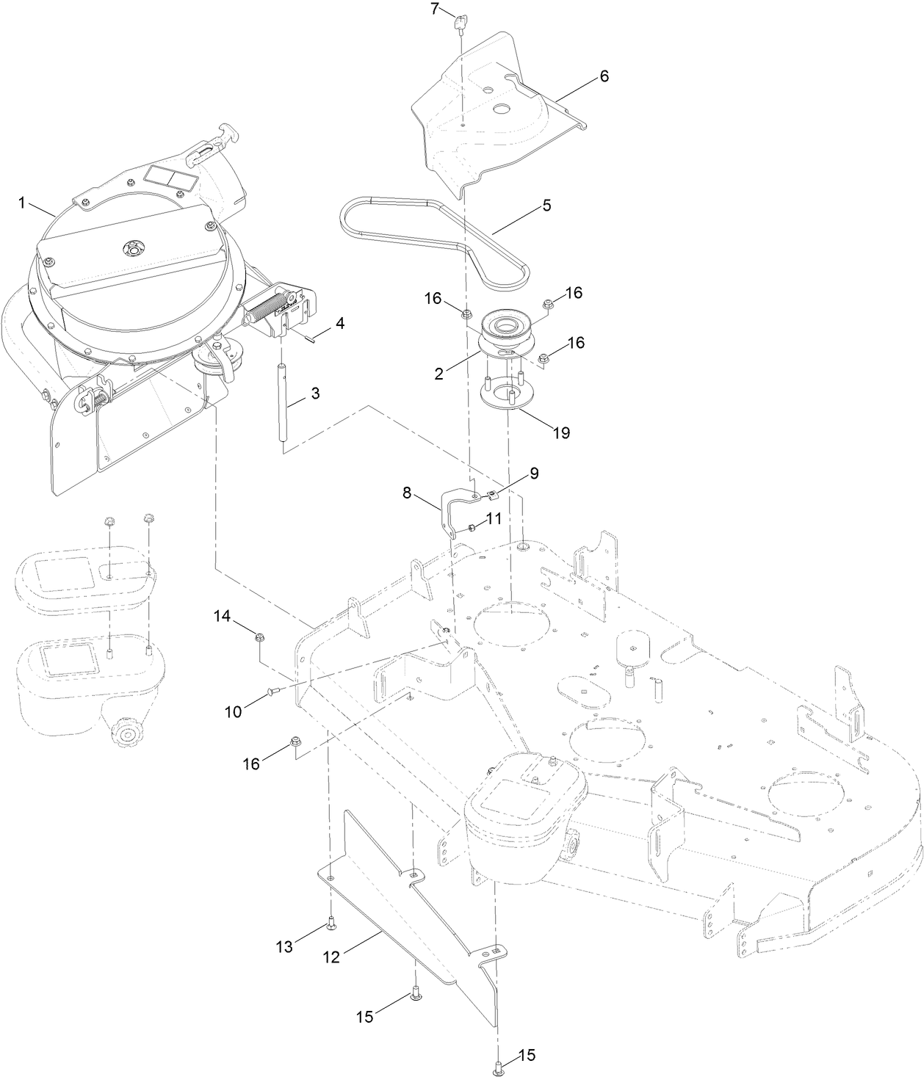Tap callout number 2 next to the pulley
point(438,374)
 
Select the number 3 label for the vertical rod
point(315,393)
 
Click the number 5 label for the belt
point(546,206)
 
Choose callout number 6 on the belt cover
point(604,76)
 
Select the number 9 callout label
point(533,474)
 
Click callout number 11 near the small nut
point(493,518)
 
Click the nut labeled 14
point(259,638)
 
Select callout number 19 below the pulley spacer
point(560,432)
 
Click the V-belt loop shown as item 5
point(433,228)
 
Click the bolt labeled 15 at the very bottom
point(499,1067)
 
